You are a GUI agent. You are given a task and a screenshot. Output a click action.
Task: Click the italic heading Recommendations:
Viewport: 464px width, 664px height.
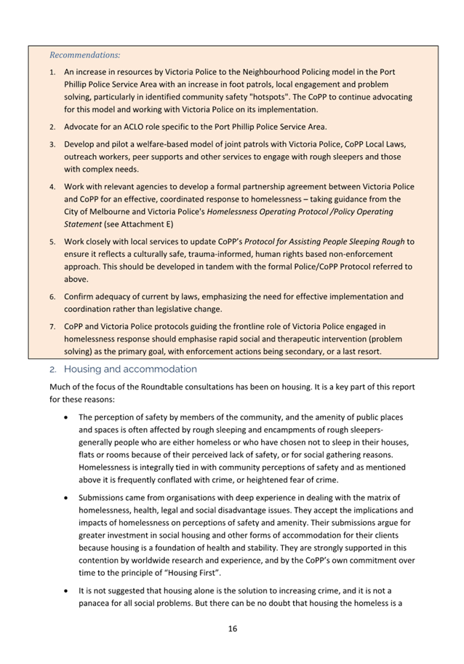tap(85, 55)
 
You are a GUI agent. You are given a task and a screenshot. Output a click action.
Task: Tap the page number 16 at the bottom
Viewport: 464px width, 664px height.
tap(232, 628)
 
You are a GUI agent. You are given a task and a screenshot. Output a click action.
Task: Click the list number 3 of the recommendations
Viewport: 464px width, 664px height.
tap(52, 144)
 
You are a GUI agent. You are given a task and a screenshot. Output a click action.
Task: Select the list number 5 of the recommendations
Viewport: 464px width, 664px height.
tap(52, 241)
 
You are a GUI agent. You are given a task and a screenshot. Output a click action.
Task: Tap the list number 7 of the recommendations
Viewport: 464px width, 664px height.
tap(52, 326)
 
